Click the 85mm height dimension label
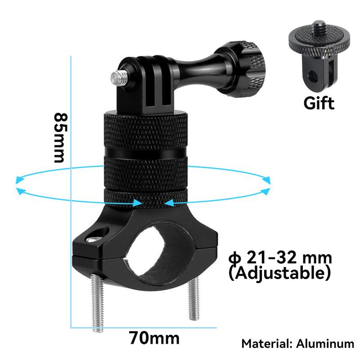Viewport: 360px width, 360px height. click(x=60, y=137)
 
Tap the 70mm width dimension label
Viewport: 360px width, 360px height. click(x=154, y=337)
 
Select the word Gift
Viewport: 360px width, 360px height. click(x=319, y=103)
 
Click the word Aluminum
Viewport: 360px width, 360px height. click(x=325, y=344)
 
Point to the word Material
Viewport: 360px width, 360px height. click(x=266, y=344)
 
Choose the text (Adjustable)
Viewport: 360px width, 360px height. click(x=280, y=272)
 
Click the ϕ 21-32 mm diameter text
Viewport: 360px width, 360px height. click(x=280, y=258)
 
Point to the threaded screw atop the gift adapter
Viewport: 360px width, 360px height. click(x=319, y=27)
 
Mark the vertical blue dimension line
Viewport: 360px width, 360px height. click(x=71, y=225)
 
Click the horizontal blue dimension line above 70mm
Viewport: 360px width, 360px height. click(x=144, y=327)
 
